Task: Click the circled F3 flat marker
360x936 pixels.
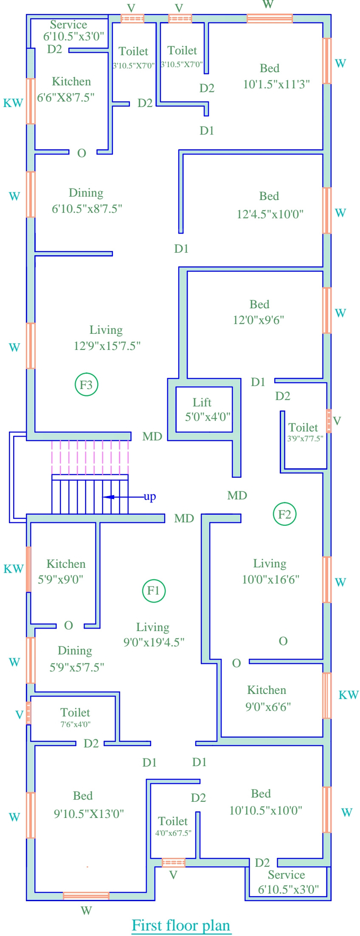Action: (x=86, y=385)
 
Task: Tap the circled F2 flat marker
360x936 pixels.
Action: (x=284, y=514)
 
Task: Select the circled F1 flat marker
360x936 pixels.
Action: (x=153, y=591)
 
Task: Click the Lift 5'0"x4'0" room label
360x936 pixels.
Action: (x=202, y=402)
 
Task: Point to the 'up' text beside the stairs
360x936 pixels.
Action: (x=149, y=496)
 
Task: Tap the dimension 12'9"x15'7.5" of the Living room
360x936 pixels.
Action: (x=107, y=346)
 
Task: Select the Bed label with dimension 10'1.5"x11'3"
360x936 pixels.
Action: (x=270, y=68)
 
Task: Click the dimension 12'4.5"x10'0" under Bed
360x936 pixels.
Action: (x=270, y=214)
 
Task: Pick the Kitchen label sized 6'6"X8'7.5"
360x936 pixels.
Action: (x=71, y=82)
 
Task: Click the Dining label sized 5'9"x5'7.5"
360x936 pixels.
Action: (x=75, y=651)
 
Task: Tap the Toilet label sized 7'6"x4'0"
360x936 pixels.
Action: (x=75, y=712)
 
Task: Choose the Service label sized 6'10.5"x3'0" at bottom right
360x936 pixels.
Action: (x=286, y=875)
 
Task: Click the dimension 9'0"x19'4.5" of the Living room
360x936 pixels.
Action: (x=154, y=642)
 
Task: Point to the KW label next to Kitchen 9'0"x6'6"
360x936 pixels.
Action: (x=349, y=695)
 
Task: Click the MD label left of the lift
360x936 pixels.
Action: (x=152, y=436)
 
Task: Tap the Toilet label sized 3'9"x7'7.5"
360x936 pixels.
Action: (x=303, y=428)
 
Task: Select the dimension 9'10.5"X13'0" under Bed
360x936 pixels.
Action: (x=89, y=814)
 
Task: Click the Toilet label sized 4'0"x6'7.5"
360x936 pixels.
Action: (x=173, y=821)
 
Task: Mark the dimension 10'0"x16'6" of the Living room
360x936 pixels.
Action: (x=270, y=579)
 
